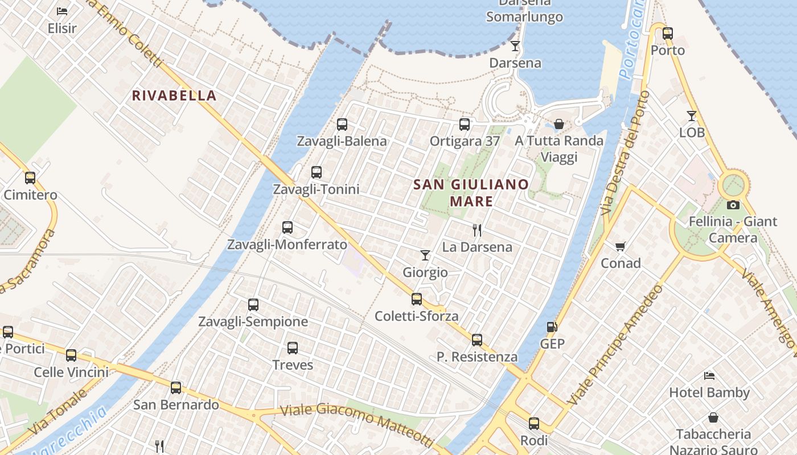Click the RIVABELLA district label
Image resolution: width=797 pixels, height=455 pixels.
click(x=174, y=96)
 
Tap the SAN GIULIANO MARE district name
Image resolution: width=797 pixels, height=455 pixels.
click(x=471, y=192)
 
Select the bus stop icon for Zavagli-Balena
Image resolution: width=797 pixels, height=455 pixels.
click(x=342, y=124)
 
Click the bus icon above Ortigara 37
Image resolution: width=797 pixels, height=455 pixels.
click(x=465, y=124)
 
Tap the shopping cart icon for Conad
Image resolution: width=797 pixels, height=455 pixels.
click(x=621, y=246)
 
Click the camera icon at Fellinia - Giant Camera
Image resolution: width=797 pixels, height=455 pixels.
click(x=733, y=205)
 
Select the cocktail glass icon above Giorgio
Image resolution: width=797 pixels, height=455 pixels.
click(x=425, y=255)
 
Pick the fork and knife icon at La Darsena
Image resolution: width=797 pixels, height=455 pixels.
click(x=477, y=230)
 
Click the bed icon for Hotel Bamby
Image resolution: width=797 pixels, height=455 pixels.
click(x=709, y=375)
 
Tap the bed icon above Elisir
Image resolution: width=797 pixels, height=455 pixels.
click(x=62, y=11)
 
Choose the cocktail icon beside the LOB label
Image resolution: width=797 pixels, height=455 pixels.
click(x=692, y=115)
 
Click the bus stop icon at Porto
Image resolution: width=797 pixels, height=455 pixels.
click(x=668, y=33)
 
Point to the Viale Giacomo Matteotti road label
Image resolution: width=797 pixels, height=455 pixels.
click(x=357, y=424)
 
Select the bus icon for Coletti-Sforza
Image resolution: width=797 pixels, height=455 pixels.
click(x=417, y=299)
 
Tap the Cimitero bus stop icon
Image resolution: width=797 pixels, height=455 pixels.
click(x=30, y=177)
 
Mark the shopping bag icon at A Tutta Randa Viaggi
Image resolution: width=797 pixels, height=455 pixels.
click(x=559, y=123)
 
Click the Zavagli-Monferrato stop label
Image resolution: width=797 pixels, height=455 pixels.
click(x=287, y=245)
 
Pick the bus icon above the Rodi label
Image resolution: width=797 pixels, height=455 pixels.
click(x=534, y=423)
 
